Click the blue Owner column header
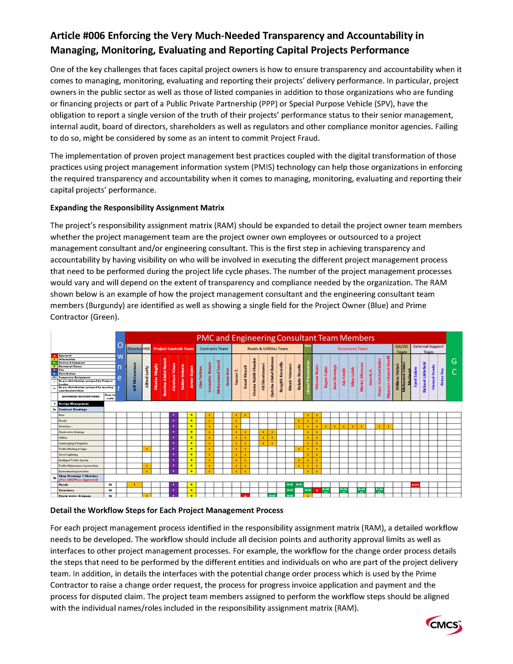click(x=120, y=366)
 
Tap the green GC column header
click(x=454, y=366)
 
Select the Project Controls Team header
click(x=173, y=349)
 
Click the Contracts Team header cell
click(x=214, y=349)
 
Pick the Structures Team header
click(x=352, y=349)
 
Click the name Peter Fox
click(x=442, y=377)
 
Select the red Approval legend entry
click(x=65, y=355)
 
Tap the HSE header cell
click(x=146, y=349)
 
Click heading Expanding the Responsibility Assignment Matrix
click(x=137, y=208)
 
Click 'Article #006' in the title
click(x=78, y=36)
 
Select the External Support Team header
click(x=428, y=349)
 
